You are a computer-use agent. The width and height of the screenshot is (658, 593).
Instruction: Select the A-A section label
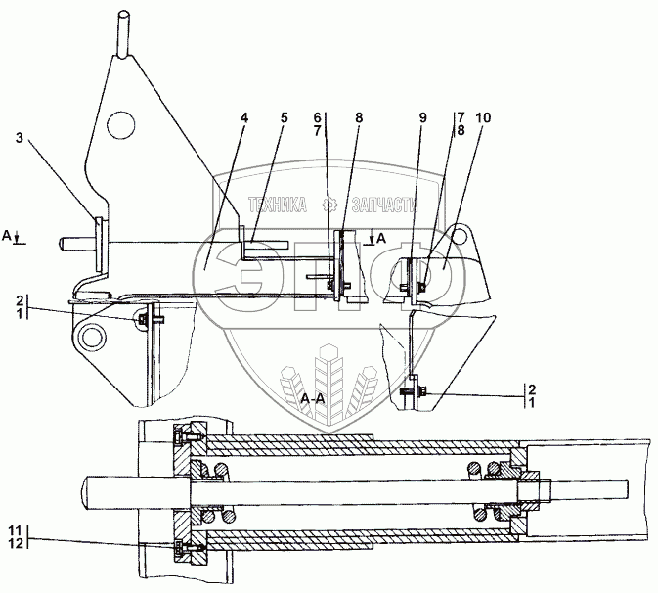313,399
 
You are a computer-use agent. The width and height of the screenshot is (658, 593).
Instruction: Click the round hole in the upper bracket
119,122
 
